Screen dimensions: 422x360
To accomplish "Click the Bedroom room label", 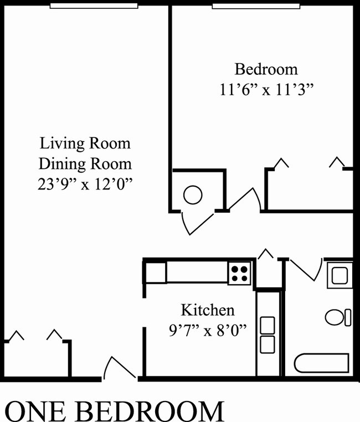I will click(x=266, y=70).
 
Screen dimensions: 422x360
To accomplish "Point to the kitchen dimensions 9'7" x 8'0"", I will click(x=207, y=330).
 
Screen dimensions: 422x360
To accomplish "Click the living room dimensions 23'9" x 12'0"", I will click(x=85, y=184).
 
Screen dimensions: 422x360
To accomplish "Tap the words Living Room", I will click(x=85, y=144).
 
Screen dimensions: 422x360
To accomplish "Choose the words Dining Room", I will click(x=85, y=164).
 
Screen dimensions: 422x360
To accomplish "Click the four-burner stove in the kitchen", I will click(x=240, y=272).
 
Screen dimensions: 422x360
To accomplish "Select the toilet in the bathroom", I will click(x=337, y=317).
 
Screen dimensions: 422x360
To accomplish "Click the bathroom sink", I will click(x=338, y=275).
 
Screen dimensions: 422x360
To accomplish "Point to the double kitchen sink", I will click(x=268, y=334).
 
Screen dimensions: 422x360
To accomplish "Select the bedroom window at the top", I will click(x=255, y=6).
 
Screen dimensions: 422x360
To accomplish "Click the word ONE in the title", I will click(x=38, y=410).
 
